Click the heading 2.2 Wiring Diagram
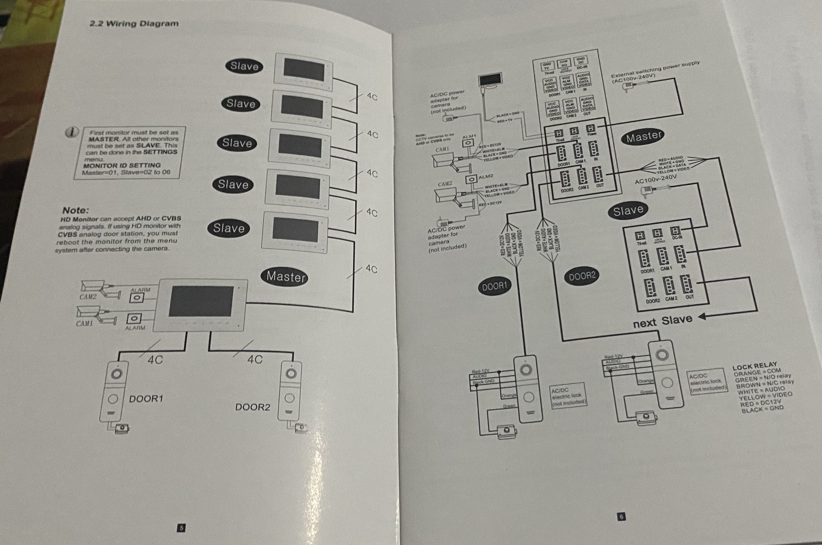point(134,24)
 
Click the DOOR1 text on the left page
point(146,398)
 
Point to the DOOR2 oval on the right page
point(582,276)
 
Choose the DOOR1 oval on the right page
point(494,286)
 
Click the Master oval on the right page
point(643,136)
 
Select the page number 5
point(181,528)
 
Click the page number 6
point(621,517)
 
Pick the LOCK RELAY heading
point(754,366)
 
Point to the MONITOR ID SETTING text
point(122,165)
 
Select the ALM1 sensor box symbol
point(468,143)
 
